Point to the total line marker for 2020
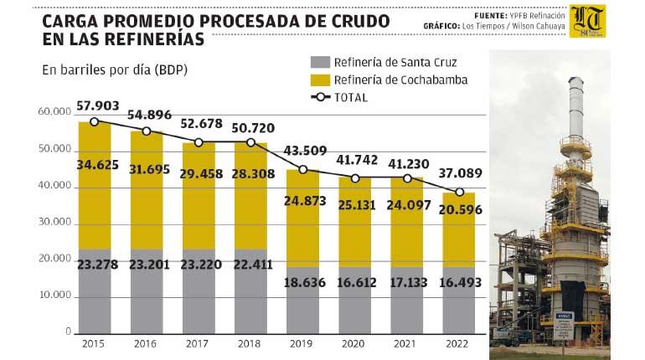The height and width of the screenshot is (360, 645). (355, 178)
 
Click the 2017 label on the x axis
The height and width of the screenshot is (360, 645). (199, 343)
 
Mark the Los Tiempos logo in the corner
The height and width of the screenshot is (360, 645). (587, 21)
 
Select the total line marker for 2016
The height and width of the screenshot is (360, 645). (147, 131)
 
